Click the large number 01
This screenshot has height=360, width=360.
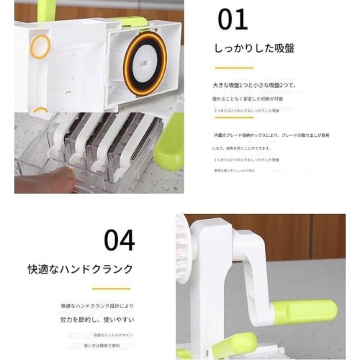[232, 19]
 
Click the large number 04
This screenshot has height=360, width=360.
[120, 240]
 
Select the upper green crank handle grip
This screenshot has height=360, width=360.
[304, 311]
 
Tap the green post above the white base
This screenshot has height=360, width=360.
[47, 9]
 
